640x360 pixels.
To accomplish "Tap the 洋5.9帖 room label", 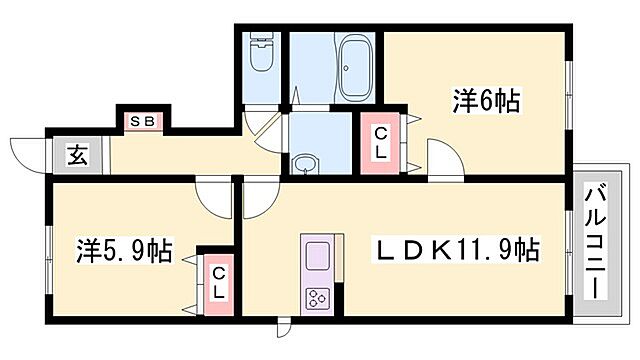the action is click(123, 250).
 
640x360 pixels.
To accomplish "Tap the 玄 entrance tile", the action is click(76, 155).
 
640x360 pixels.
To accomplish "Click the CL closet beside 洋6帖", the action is click(381, 145).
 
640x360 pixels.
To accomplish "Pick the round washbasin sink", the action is click(306, 162).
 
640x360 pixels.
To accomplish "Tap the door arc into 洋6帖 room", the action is click(441, 160).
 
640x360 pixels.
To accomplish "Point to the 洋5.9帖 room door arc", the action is click(213, 196).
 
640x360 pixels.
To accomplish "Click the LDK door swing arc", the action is click(256, 199).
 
